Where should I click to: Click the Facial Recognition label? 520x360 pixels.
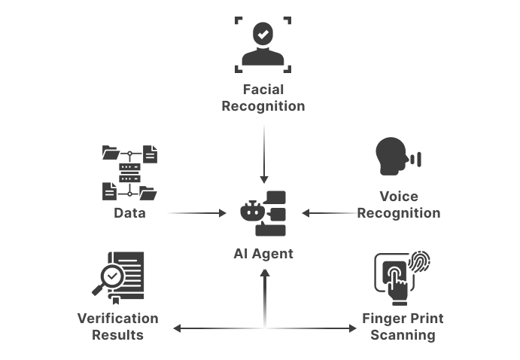[x=263, y=98]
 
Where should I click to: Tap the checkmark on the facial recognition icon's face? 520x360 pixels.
[x=263, y=33]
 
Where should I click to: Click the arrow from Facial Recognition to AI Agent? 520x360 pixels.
[x=263, y=154]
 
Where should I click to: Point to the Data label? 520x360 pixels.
[x=129, y=213]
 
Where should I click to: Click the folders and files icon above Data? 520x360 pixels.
[x=129, y=172]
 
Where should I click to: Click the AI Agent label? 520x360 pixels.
[x=263, y=254]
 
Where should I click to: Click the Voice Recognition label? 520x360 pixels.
[x=398, y=205]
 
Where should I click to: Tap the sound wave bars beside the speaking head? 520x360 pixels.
[x=416, y=159]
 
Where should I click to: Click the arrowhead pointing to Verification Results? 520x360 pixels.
[x=178, y=328]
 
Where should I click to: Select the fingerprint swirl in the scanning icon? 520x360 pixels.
[x=418, y=263]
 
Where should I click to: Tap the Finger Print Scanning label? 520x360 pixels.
[x=403, y=327]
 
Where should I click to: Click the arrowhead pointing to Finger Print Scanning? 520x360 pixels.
[x=351, y=328]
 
